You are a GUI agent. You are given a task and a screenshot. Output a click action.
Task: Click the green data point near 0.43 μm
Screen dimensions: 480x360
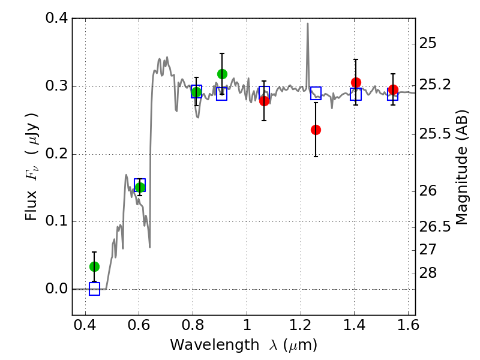tap(95, 266)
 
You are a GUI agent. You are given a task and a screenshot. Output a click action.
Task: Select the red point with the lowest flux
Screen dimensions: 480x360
tap(316, 130)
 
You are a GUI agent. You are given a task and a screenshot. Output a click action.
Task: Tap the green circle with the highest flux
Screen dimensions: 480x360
tap(222, 74)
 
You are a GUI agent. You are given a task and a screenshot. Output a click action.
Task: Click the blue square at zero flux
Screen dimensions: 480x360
tap(95, 289)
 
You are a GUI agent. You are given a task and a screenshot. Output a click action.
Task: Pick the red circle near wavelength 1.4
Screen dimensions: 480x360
tap(356, 82)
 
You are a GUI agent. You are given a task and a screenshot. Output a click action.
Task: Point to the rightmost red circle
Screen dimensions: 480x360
tap(393, 89)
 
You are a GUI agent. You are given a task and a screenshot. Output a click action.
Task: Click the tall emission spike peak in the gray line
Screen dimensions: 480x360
tap(308, 23)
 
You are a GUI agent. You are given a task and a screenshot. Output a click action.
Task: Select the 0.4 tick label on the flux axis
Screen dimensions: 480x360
tap(56, 18)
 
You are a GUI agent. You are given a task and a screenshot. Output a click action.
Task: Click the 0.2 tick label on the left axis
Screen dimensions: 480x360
tap(56, 154)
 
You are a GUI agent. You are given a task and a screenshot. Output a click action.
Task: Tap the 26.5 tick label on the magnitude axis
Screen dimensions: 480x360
tap(434, 227)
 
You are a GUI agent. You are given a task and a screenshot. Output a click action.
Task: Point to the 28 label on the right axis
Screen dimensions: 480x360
tap(428, 273)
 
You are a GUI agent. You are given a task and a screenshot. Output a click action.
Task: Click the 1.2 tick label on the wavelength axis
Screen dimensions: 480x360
tap(301, 325)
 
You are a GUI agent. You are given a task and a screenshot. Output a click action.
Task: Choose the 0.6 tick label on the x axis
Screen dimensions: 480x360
tap(139, 325)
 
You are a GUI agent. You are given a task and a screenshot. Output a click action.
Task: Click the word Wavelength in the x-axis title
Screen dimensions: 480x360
tap(215, 345)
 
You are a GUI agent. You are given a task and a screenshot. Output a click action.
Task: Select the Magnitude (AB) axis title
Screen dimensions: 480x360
tap(462, 167)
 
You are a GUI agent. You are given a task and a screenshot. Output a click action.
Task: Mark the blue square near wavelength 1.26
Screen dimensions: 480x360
tap(316, 93)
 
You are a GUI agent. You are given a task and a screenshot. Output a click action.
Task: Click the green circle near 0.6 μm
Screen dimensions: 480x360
tap(140, 187)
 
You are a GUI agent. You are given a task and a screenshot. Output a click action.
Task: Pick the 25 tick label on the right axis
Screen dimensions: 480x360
tap(428, 44)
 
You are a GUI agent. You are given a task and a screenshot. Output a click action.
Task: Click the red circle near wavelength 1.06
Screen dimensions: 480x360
tap(264, 101)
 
